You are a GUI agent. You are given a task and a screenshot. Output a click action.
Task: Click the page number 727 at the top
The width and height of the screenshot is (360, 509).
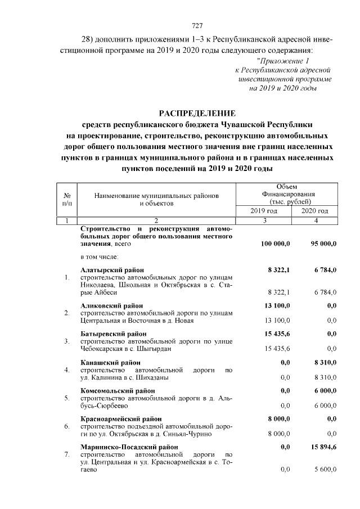(x=197, y=26)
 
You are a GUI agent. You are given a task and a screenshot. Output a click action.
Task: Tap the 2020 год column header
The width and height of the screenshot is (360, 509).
(x=316, y=210)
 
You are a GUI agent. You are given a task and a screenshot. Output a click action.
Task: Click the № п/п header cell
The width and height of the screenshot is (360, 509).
(x=67, y=199)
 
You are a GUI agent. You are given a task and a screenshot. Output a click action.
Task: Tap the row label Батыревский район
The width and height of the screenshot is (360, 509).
(x=114, y=334)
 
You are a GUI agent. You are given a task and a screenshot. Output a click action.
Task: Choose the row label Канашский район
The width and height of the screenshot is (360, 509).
(x=110, y=362)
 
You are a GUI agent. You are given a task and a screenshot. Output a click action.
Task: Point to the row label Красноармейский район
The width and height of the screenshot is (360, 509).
(x=121, y=418)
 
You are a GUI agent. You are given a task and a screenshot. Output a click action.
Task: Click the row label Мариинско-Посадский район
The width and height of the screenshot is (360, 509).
(x=129, y=447)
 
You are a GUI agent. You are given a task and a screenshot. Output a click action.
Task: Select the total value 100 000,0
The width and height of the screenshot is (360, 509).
(x=275, y=244)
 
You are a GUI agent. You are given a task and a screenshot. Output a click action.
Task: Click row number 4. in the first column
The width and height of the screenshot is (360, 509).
(x=67, y=370)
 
